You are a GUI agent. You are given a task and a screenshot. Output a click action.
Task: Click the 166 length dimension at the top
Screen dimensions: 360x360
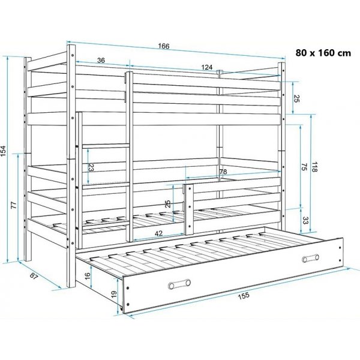(x=164, y=46)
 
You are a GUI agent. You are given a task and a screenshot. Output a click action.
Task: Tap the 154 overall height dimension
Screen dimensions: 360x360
(x=3, y=151)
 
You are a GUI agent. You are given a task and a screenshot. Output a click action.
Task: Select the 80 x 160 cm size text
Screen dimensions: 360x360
(x=323, y=53)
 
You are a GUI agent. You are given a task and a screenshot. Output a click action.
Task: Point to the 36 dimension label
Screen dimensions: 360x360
(x=101, y=60)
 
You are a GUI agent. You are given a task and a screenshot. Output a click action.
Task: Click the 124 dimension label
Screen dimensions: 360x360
(x=207, y=67)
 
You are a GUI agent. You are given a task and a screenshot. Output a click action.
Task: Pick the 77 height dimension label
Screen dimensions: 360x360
(x=14, y=205)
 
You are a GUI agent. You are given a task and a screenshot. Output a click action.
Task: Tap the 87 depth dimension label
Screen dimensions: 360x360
(x=34, y=276)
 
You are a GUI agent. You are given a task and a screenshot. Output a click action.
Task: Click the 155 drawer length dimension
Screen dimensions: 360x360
(x=244, y=296)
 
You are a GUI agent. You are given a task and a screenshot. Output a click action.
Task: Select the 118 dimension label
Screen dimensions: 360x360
(x=314, y=167)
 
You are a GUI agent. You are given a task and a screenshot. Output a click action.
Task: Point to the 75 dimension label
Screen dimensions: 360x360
(x=304, y=167)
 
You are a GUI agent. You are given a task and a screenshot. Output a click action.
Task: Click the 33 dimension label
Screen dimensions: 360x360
(x=305, y=220)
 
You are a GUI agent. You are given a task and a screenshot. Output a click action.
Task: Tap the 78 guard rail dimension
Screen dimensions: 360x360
(x=223, y=172)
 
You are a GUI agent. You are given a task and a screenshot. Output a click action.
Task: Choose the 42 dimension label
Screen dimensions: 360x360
(x=158, y=233)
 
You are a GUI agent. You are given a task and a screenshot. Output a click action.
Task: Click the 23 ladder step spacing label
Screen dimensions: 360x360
(x=91, y=168)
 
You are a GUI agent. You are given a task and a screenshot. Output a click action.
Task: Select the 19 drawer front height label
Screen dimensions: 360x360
(x=113, y=294)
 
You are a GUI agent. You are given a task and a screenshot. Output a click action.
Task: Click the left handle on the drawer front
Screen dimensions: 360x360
(x=179, y=284)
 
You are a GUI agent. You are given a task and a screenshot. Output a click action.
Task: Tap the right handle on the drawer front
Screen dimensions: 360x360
(x=311, y=258)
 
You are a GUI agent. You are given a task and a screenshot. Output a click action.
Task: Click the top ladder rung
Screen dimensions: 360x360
(x=106, y=146)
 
